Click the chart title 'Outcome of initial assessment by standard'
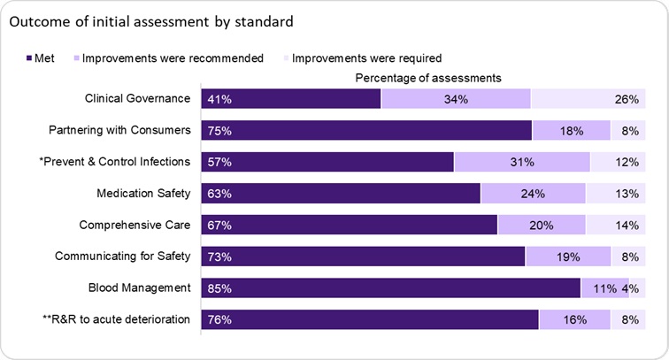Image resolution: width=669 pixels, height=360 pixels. pos(150,19)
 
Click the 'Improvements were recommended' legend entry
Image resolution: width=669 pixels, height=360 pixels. pos(167,58)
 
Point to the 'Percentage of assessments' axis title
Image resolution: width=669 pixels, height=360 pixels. pos(428,78)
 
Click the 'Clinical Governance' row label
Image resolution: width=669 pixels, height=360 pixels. pos(137,98)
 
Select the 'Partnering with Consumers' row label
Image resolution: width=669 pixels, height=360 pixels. pos(119,130)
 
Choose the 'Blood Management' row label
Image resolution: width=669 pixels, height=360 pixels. pos(140,288)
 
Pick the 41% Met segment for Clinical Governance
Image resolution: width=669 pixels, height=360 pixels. pos(291,99)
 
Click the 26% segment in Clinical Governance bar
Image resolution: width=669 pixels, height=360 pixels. pos(586,99)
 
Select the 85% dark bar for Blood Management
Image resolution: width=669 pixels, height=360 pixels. pos(390,288)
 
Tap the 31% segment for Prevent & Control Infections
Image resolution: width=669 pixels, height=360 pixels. pos(521,162)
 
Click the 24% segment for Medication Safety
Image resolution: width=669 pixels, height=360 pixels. pos(533,194)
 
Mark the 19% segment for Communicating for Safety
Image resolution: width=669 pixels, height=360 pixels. pos(567,257)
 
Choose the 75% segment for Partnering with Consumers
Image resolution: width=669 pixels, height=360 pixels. pos(366,130)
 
